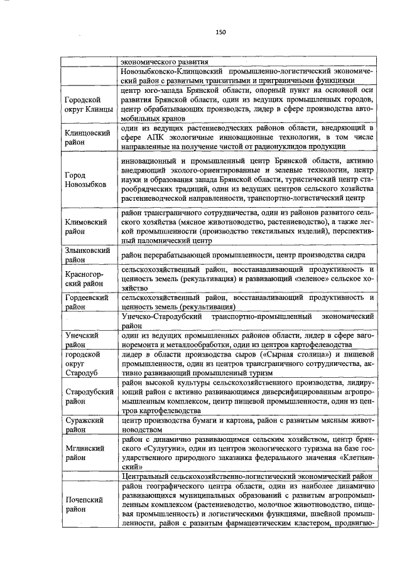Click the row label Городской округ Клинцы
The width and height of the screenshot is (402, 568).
(x=88, y=105)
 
